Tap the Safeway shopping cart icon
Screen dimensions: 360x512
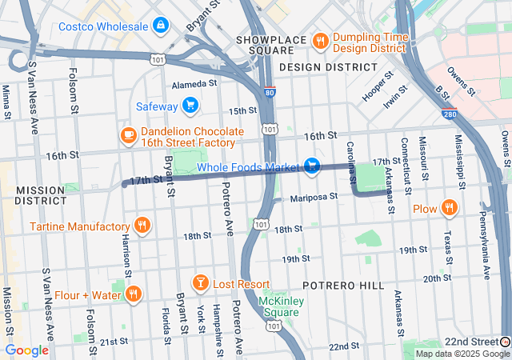190,105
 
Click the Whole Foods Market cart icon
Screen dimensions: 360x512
312,166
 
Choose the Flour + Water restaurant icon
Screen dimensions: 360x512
133,295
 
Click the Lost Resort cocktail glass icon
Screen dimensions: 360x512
200,284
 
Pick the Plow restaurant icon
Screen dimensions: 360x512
450,209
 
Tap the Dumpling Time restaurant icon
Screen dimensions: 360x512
320,40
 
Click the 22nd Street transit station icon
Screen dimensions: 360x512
505,342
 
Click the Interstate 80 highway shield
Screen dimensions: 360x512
270,93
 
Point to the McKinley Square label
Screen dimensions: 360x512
278,307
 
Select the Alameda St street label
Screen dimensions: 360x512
194,83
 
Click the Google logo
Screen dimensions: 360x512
27,350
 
